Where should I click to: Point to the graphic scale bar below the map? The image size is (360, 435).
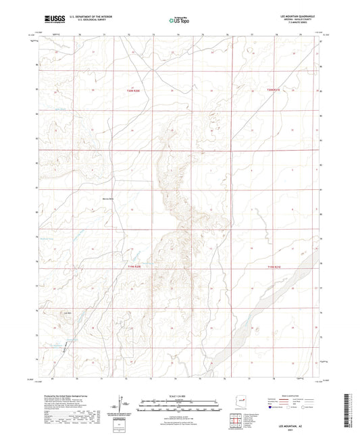pos(179,407)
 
